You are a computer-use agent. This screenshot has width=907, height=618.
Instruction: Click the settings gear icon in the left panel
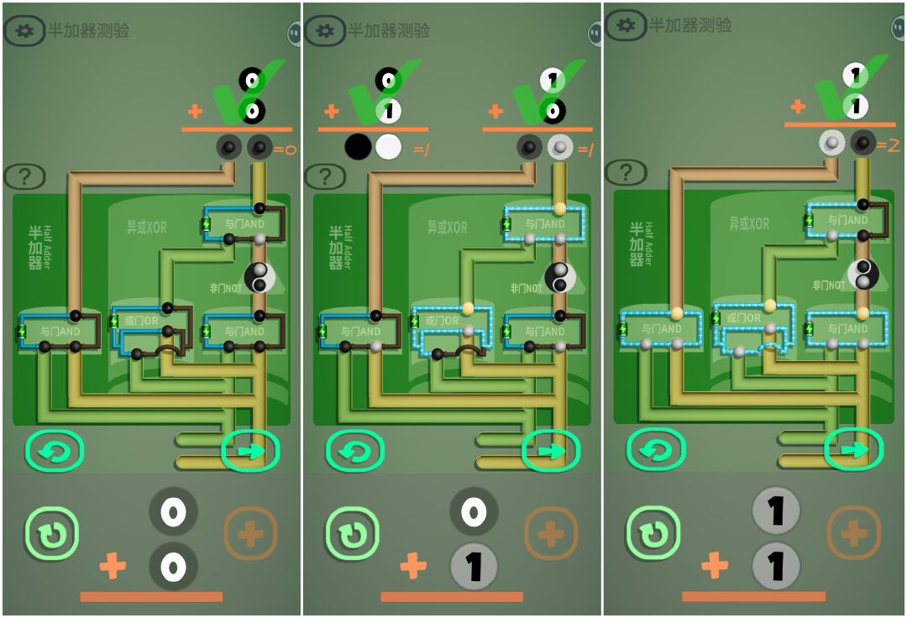(24, 31)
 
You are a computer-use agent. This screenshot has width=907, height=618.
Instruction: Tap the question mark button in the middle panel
(324, 176)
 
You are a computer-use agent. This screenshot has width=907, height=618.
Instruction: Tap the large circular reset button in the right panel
(653, 532)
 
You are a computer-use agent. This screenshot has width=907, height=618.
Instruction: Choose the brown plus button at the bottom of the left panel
(250, 532)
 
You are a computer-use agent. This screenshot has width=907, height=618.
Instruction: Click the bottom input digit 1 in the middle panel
(474, 566)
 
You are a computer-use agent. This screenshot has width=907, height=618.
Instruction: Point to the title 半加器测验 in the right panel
(689, 26)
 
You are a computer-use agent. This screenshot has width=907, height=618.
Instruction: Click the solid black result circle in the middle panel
(358, 148)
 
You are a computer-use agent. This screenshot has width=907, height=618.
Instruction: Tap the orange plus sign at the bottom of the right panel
(714, 566)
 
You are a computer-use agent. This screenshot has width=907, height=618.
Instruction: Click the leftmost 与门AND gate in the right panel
(660, 328)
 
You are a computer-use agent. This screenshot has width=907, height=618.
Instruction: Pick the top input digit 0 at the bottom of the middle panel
(474, 511)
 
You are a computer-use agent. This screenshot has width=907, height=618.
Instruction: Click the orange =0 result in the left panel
(285, 150)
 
